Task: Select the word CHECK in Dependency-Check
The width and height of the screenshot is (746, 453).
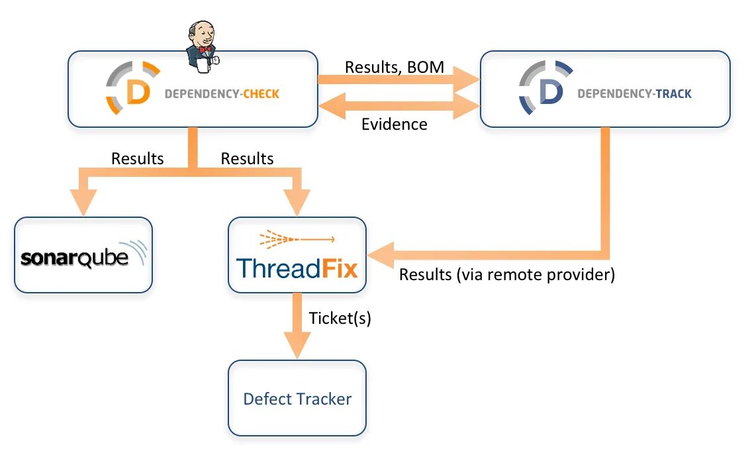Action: click(x=261, y=94)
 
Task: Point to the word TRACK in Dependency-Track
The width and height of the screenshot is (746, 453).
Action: click(x=674, y=94)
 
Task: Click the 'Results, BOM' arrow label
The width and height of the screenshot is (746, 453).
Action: click(x=395, y=67)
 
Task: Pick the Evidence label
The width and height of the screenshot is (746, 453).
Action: click(x=395, y=124)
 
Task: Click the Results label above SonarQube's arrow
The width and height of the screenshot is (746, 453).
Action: click(x=137, y=158)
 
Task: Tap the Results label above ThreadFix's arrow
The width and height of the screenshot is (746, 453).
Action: click(x=247, y=158)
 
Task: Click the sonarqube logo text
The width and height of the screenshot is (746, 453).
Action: click(x=75, y=258)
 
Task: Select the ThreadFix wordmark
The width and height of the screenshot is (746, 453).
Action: click(x=297, y=268)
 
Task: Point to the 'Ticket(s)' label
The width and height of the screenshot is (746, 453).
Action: click(x=340, y=319)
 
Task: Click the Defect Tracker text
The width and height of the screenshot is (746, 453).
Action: click(x=297, y=399)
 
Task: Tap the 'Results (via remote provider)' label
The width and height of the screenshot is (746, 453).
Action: click(x=507, y=274)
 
